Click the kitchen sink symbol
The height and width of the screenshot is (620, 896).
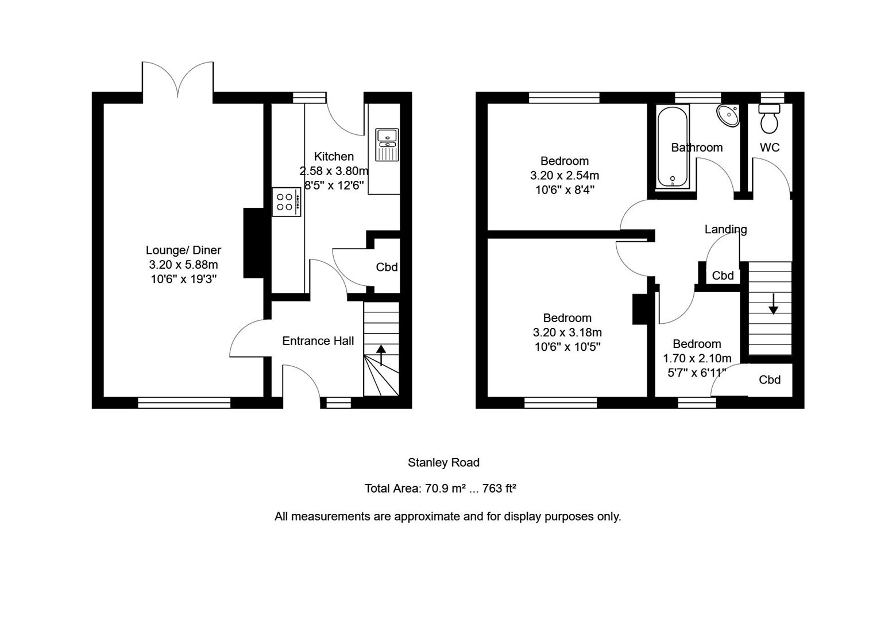click(387, 144)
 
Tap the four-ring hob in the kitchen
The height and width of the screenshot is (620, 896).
click(285, 202)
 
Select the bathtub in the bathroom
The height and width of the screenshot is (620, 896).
click(672, 147)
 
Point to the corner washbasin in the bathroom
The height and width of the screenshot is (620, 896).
click(728, 115)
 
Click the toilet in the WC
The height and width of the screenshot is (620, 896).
click(769, 118)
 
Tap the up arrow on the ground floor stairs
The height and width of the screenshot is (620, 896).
click(381, 355)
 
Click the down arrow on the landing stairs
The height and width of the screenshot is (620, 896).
click(773, 304)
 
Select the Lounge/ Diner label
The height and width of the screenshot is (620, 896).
click(183, 250)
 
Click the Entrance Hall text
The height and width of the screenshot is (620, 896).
click(318, 341)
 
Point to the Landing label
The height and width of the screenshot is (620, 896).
click(725, 229)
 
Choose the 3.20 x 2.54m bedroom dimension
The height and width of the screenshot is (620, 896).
click(564, 176)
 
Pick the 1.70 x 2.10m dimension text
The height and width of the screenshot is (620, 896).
click(697, 358)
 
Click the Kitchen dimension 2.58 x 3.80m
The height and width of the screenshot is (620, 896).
click(334, 171)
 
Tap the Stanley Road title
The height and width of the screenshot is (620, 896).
click(443, 462)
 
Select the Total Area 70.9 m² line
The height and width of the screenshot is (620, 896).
click(440, 489)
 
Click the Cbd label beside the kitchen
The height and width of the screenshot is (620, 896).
click(387, 267)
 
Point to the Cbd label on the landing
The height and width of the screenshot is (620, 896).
click(723, 276)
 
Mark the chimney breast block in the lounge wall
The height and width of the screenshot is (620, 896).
click(253, 243)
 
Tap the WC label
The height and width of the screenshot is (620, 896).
click(769, 148)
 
